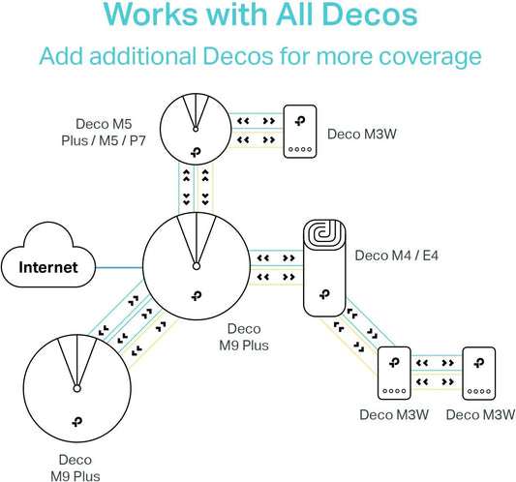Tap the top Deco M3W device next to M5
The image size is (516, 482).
(304, 132)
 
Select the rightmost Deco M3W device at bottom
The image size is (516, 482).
(480, 374)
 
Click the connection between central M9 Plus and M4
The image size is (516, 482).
(275, 268)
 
